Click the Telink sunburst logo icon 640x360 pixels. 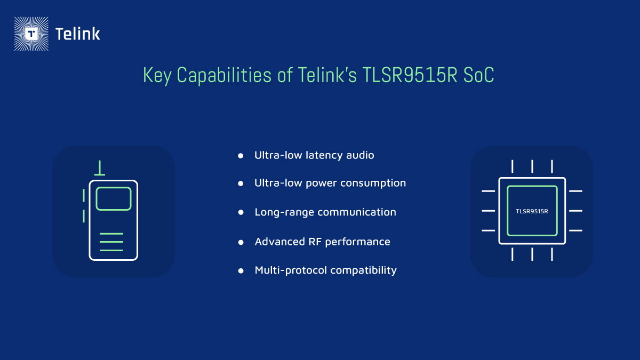(x=31, y=34)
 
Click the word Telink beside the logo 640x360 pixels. (x=78, y=34)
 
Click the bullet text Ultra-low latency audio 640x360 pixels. (x=314, y=155)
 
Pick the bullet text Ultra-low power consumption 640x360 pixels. (x=330, y=183)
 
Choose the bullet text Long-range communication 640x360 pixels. (x=325, y=212)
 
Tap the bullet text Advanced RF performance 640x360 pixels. (x=322, y=242)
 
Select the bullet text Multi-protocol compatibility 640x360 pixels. (x=325, y=270)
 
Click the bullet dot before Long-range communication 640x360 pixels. (x=241, y=212)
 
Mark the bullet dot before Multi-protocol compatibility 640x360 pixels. (x=241, y=270)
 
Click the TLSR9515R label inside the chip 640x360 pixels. (x=532, y=211)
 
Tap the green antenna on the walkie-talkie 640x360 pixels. (x=99, y=169)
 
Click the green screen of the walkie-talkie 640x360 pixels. (x=114, y=198)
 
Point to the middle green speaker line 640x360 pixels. (x=111, y=242)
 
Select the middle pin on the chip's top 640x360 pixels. (x=532, y=166)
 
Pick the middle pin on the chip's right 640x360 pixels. (x=575, y=211)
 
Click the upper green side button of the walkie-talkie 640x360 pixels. (x=84, y=195)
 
